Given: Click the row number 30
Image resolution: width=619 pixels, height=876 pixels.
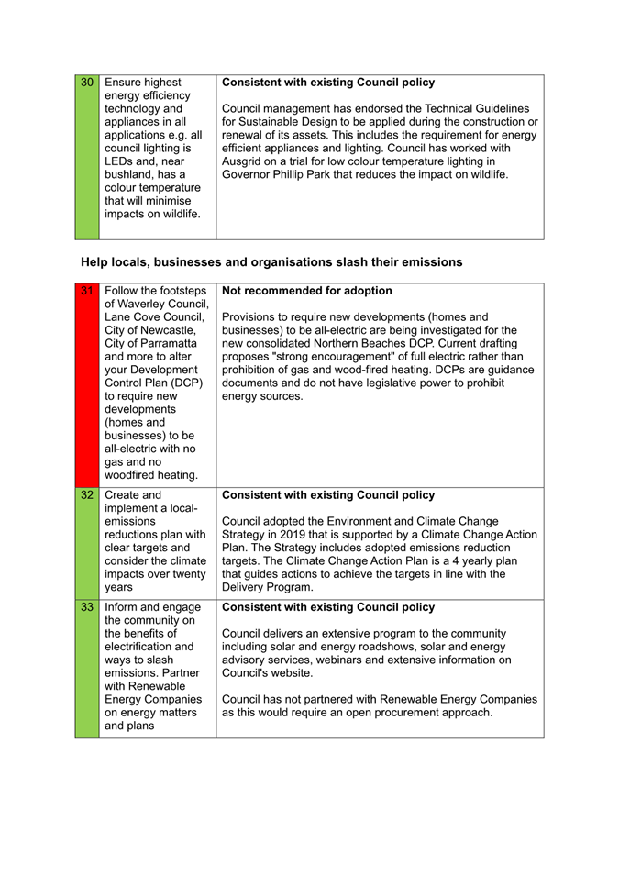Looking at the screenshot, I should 87,83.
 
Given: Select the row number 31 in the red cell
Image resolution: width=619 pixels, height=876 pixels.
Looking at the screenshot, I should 87,291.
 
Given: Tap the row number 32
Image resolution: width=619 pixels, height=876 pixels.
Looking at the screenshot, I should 87,495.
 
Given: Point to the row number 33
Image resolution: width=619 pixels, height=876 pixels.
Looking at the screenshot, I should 87,607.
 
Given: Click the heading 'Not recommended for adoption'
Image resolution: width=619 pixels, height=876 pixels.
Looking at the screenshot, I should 307,291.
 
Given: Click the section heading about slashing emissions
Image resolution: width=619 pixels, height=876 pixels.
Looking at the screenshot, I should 271,262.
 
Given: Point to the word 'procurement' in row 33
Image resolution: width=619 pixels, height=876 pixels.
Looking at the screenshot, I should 412,713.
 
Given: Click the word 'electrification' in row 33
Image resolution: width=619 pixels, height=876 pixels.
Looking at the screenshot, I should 149,647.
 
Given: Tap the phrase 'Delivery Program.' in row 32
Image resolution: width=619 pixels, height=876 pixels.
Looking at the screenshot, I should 268,587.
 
